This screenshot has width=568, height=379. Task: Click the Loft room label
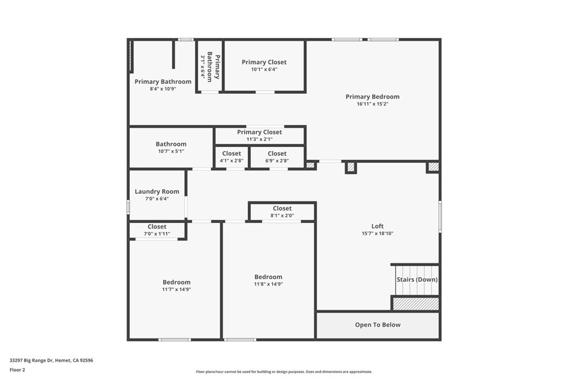point(377,226)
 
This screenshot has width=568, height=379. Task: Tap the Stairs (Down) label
point(417,280)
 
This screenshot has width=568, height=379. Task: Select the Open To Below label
point(377,325)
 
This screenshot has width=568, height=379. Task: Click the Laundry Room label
point(157,191)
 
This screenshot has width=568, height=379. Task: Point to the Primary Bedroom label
point(372,97)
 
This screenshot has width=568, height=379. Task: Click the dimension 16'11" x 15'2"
point(372,104)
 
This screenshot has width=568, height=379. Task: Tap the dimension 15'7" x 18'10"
point(377,233)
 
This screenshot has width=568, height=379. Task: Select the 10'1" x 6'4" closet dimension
point(264,69)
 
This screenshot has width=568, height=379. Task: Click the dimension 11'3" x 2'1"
point(260,139)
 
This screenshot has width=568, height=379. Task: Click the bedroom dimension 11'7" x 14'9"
point(176,289)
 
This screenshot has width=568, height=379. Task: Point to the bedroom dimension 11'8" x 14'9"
point(268,284)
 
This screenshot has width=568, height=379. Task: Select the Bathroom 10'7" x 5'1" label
point(171,144)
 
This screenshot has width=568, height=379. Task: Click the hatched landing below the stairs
point(416,304)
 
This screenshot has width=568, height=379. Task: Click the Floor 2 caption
point(17,370)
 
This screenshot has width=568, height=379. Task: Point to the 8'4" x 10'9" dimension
point(163,89)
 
